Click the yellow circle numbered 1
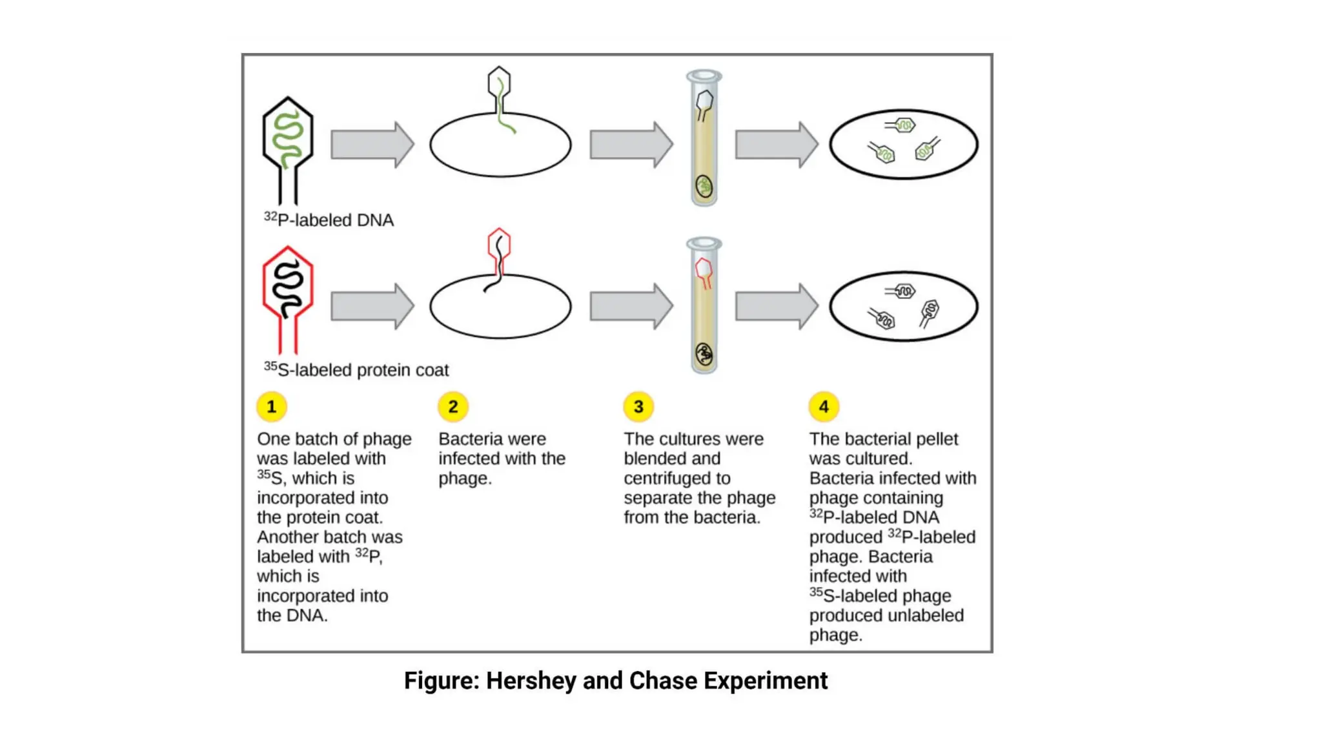tap(271, 407)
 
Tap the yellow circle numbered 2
tap(453, 407)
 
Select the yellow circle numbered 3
tap(638, 407)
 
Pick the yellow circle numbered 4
tap(824, 407)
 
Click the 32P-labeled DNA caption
tap(329, 220)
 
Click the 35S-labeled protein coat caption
tap(356, 370)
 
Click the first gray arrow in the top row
tap(372, 145)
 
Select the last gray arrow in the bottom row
tap(776, 306)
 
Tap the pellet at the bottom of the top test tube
tap(704, 187)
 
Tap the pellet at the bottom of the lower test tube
tap(704, 354)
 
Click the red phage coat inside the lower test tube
tap(704, 270)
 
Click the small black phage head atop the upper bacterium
tap(499, 83)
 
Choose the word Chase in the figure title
tap(663, 681)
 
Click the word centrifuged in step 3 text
tap(676, 479)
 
